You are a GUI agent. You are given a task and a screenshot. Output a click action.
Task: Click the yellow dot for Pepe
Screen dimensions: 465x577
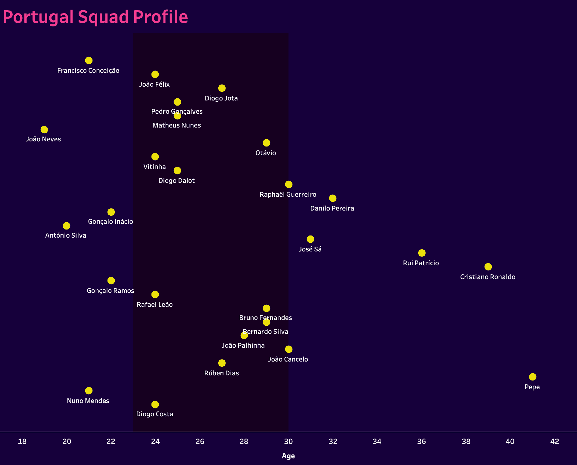click(x=532, y=377)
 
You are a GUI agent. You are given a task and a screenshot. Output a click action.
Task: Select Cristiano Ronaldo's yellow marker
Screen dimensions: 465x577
click(x=488, y=267)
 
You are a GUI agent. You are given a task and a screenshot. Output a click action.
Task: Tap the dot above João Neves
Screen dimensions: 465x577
click(x=44, y=130)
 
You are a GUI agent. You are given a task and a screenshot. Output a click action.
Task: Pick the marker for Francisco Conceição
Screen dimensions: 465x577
click(x=89, y=60)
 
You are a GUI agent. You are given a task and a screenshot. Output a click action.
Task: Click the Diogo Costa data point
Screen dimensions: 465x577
click(x=155, y=405)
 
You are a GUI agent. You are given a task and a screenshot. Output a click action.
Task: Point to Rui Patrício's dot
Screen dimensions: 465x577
click(x=422, y=253)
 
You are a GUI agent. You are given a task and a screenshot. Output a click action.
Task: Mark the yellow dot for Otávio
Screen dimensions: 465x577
click(x=266, y=143)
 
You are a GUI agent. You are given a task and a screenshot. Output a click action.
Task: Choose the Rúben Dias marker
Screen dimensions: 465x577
click(x=222, y=363)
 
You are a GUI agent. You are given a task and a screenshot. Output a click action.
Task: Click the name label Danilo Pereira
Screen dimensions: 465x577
click(x=332, y=208)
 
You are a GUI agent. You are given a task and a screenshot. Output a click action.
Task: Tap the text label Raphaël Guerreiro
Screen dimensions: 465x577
click(x=288, y=194)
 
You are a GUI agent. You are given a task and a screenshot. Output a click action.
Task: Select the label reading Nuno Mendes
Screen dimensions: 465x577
click(x=88, y=401)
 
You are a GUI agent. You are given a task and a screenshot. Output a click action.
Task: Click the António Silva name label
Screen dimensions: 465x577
click(x=66, y=235)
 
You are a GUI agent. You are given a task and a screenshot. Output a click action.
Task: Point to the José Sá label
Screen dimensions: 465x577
click(x=310, y=249)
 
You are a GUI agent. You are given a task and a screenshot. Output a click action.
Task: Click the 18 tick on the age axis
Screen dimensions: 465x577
click(x=22, y=441)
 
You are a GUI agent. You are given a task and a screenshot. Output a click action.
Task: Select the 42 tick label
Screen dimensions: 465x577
click(x=554, y=441)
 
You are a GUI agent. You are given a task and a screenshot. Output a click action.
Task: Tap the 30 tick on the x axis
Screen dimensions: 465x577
click(x=288, y=441)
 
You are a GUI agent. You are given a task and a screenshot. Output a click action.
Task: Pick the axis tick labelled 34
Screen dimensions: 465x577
click(x=377, y=441)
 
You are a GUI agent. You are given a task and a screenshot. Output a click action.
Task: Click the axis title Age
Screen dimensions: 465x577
click(x=288, y=456)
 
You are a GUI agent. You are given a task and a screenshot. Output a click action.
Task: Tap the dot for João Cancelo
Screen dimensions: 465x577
click(x=288, y=349)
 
